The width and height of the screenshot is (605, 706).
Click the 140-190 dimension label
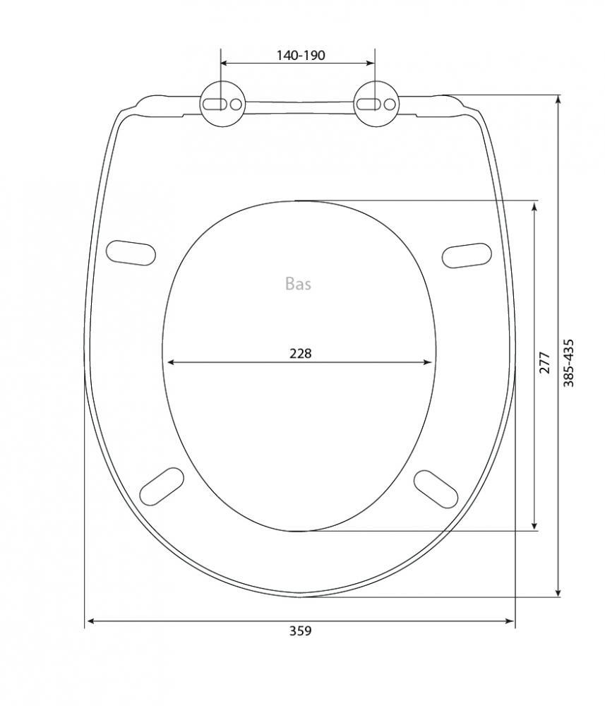coord(300,55)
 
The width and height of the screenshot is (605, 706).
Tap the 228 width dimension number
coord(300,354)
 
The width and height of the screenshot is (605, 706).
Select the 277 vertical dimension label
coord(545,362)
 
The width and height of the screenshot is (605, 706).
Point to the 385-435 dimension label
coord(570,363)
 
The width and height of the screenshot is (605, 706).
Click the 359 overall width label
coord(300,630)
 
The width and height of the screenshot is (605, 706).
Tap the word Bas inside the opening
coord(298,284)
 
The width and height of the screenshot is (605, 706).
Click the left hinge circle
coord(222,104)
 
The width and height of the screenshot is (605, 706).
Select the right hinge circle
coord(376,104)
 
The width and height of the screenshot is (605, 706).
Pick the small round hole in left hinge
coord(236,104)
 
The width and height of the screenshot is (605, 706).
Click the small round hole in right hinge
coord(390,104)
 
